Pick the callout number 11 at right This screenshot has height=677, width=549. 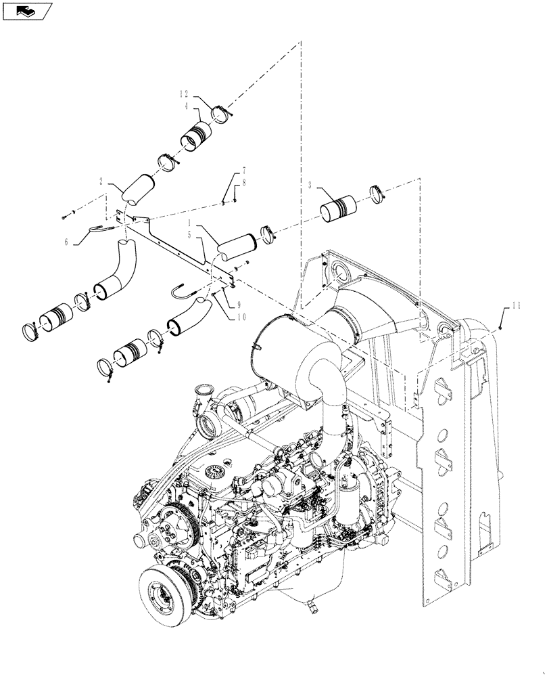pyautogui.click(x=517, y=307)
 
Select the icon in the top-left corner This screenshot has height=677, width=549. pyautogui.click(x=26, y=10)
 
